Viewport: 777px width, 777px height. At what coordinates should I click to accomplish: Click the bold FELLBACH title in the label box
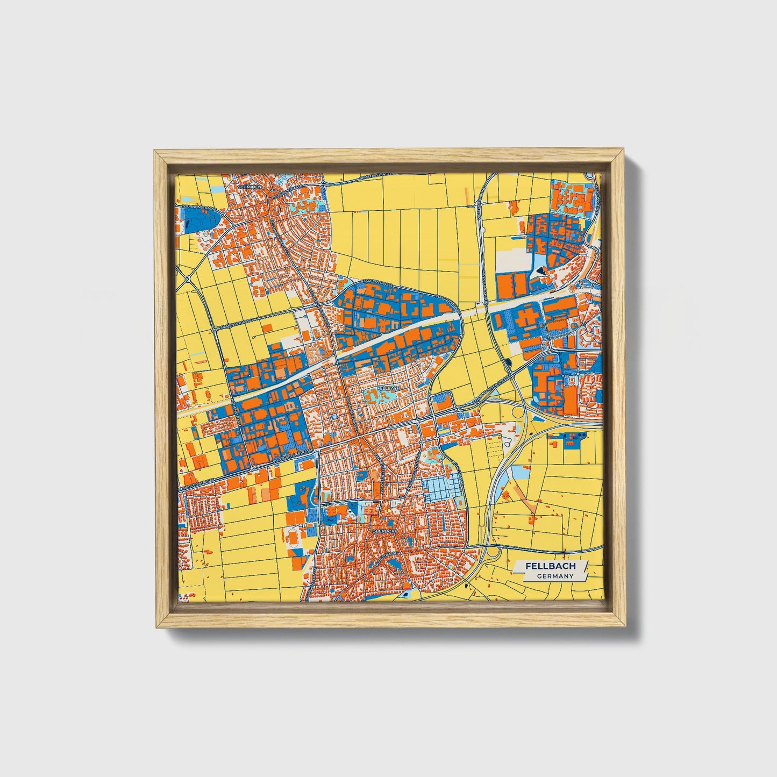[551, 566]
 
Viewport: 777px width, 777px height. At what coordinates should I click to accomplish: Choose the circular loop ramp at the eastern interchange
[519, 413]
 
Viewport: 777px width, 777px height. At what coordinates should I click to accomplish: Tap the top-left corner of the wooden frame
[155, 152]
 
